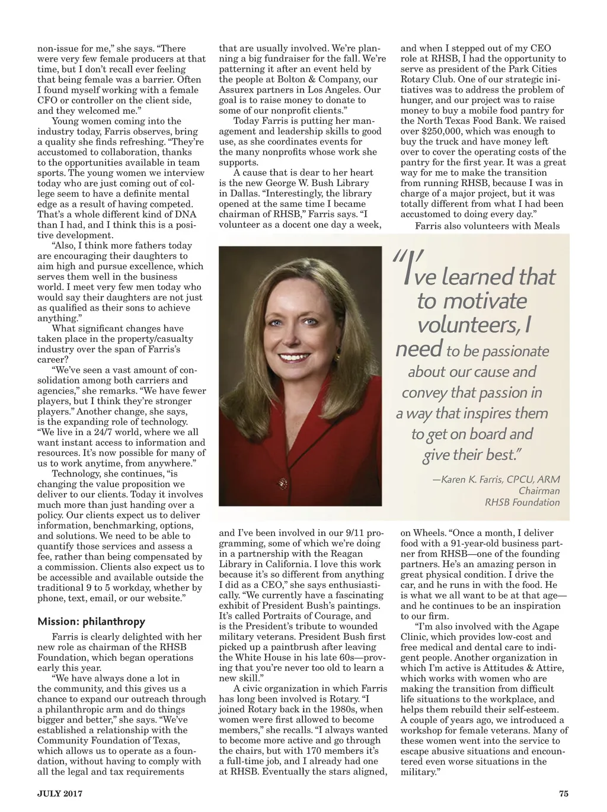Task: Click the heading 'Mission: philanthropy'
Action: click(91, 622)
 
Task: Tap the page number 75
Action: click(563, 794)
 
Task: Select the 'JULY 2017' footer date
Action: click(60, 794)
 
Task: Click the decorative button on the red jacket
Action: click(283, 482)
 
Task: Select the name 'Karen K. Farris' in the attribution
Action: click(475, 479)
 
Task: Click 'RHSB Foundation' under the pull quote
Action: click(522, 502)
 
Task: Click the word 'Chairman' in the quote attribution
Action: click(539, 491)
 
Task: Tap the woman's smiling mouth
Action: click(298, 358)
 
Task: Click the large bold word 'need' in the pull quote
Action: click(419, 349)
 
